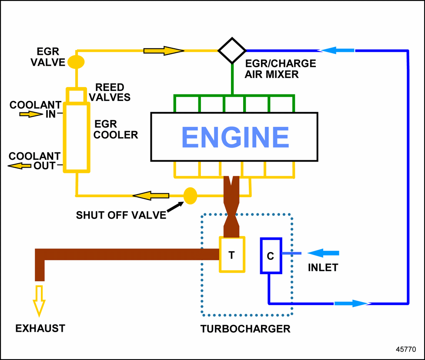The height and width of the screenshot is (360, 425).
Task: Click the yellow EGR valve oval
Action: coord(76,61)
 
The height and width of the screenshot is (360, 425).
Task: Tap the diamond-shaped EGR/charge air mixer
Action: coord(232,50)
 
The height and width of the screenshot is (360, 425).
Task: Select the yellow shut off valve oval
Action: coord(190,196)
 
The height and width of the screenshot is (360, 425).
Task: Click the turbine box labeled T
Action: coord(232,255)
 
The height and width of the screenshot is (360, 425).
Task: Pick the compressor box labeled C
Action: coord(271,256)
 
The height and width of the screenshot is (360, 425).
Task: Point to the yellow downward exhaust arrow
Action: coord(39,300)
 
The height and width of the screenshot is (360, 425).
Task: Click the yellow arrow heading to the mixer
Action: coord(164,50)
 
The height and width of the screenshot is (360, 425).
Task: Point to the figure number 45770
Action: coord(405,349)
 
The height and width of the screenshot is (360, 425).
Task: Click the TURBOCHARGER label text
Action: coord(245,329)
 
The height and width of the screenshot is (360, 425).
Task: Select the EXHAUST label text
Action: coord(40,328)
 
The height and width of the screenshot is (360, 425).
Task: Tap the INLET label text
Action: coord(323,267)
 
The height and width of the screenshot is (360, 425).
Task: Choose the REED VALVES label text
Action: coord(113,92)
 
